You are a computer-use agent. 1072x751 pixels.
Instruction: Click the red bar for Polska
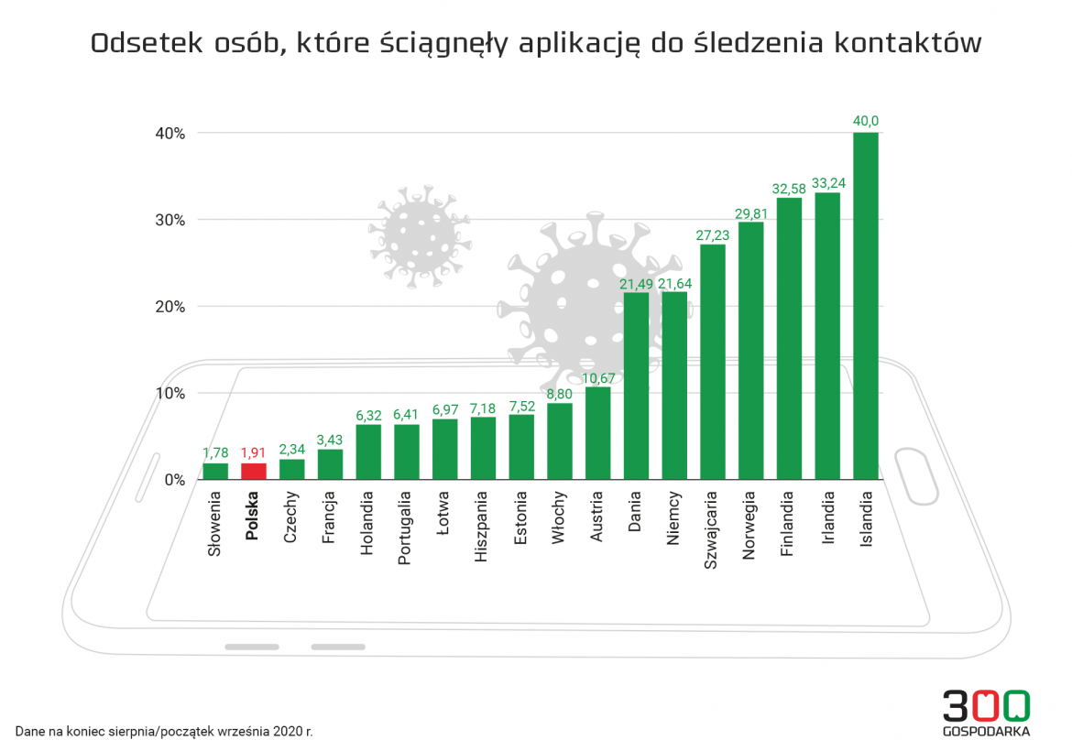point(253,471)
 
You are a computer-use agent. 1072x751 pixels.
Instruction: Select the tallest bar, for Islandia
point(865,307)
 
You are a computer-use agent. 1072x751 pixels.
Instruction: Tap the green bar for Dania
point(636,386)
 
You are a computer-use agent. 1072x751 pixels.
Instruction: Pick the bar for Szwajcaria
point(712,362)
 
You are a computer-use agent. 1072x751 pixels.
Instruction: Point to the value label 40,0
point(865,121)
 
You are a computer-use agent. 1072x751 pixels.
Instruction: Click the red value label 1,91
point(253,452)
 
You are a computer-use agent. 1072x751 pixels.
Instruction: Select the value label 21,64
point(674,283)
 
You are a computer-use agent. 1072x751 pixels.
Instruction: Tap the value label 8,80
point(559,394)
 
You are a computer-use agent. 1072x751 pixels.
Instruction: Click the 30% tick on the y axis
point(170,220)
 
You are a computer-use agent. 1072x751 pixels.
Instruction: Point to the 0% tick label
point(175,480)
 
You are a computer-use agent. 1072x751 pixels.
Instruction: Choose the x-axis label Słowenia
point(214,524)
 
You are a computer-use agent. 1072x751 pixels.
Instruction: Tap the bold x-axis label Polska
point(253,517)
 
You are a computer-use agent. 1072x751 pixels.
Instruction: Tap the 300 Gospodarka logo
point(986,713)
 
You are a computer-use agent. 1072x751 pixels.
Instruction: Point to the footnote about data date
point(164,732)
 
